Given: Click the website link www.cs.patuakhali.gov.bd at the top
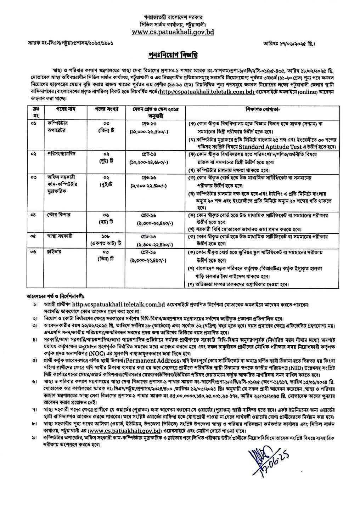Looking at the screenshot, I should pyautogui.click(x=173, y=32).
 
